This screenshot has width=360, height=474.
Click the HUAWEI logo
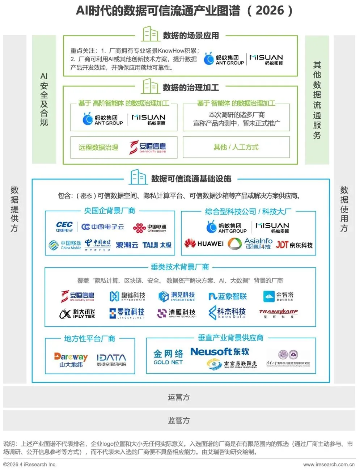tap(204, 244)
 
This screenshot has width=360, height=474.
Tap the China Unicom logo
tap(149, 228)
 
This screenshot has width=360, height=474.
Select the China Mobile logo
tap(65, 245)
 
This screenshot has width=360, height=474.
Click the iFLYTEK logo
tap(77, 314)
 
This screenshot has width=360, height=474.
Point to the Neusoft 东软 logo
tap(220, 352)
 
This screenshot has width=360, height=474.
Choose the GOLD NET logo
tap(168, 357)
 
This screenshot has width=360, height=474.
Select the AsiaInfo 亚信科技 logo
tap(250, 244)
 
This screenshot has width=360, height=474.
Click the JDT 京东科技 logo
tap(294, 245)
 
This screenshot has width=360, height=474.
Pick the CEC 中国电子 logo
tap(64, 227)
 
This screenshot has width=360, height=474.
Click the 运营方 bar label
tap(179, 397)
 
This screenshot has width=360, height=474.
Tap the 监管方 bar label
tap(179, 420)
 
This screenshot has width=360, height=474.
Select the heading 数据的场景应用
tap(191, 35)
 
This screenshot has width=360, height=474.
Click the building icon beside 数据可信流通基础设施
tap(138, 178)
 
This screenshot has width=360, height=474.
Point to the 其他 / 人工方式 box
tap(236, 147)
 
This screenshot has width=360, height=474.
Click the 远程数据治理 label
tap(98, 148)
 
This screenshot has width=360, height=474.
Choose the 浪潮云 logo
tap(127, 245)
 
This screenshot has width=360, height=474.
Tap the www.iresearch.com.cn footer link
tap(329, 465)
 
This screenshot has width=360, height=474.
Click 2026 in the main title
tap(270, 10)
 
